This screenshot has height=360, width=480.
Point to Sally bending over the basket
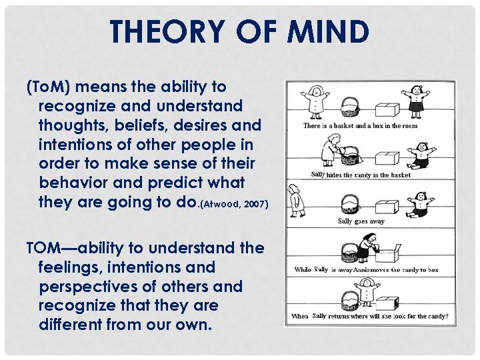pos(330,148)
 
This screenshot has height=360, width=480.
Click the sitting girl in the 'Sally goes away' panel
pos(417,203)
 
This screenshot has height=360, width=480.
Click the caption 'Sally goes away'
pos(361,221)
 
